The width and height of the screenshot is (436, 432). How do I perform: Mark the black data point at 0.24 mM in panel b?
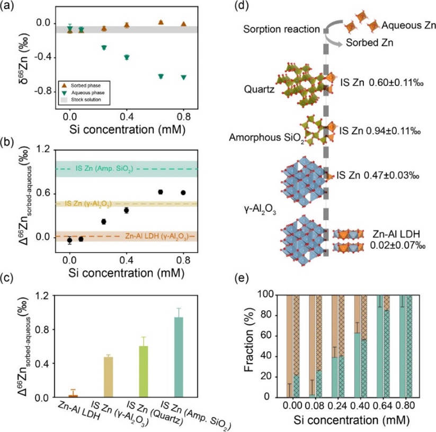(104, 221)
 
